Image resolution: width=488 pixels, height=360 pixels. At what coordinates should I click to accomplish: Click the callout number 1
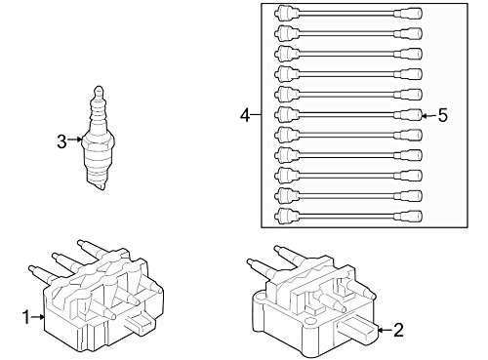[x=26, y=317]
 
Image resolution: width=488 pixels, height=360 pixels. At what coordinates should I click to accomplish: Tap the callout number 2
[x=398, y=330]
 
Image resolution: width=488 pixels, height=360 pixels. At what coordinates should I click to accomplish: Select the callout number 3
[x=61, y=141]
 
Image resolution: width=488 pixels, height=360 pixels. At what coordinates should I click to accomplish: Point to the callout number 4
[x=245, y=115]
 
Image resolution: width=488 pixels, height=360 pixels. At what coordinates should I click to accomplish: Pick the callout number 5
[x=442, y=115]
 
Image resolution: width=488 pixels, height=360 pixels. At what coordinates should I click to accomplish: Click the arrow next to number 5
[x=428, y=115]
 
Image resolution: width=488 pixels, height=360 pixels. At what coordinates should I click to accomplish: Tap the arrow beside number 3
[x=75, y=140]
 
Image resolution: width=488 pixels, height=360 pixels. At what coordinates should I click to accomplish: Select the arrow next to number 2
[x=386, y=330]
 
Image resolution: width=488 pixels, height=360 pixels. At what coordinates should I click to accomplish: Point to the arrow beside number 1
[x=38, y=316]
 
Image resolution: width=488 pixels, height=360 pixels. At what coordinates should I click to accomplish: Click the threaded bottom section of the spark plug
[x=97, y=169]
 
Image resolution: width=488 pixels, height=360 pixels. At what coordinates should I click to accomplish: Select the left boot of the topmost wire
[x=287, y=14]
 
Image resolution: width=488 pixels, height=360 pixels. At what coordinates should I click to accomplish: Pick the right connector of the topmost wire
[x=409, y=14]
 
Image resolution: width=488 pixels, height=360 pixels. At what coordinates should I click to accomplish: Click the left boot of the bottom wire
[x=287, y=216]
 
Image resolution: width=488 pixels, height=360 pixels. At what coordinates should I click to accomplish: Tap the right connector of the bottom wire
[x=409, y=216]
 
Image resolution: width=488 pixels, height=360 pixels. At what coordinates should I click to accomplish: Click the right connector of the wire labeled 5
[x=409, y=115]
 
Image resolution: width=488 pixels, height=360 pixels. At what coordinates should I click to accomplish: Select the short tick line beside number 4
[x=257, y=115]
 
